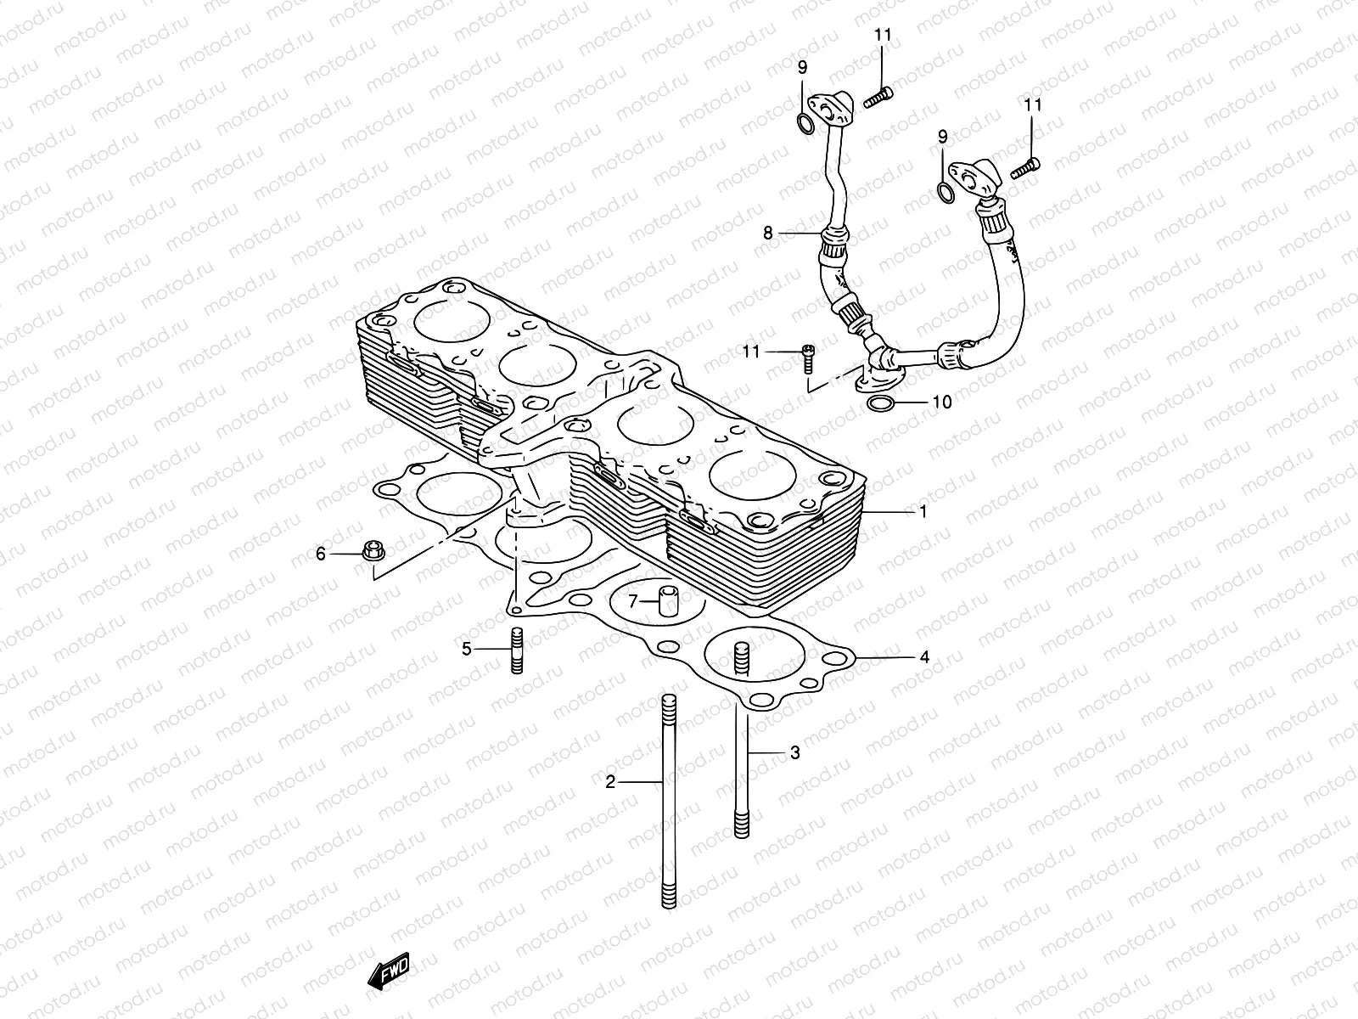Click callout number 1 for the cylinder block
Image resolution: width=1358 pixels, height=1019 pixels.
click(x=923, y=512)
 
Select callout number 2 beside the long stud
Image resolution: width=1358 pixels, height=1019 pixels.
click(x=609, y=782)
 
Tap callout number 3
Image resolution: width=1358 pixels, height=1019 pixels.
click(x=794, y=752)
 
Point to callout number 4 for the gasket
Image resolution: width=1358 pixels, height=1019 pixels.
click(x=924, y=657)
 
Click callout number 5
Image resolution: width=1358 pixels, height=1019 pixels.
click(x=467, y=650)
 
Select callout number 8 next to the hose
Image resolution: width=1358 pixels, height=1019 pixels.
click(x=767, y=232)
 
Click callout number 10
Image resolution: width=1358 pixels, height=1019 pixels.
click(x=942, y=402)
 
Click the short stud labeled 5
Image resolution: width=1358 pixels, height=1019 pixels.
click(x=515, y=650)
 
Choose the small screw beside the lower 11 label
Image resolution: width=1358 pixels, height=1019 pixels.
click(x=808, y=359)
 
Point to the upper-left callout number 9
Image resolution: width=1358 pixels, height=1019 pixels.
click(x=802, y=68)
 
